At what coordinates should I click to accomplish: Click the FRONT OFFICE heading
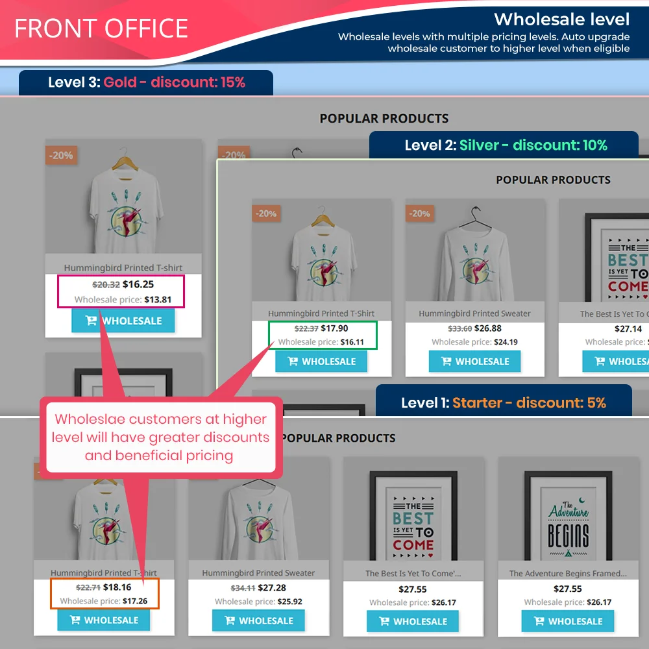point(101,29)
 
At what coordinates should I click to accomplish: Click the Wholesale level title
point(561,19)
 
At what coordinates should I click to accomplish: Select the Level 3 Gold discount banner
point(146,82)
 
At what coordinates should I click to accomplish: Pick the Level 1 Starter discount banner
point(503,402)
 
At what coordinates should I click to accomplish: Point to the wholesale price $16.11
point(352,342)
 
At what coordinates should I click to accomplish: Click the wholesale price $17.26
point(135,601)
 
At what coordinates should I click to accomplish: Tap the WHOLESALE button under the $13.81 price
point(123,321)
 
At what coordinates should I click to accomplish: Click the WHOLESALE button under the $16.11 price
point(321,361)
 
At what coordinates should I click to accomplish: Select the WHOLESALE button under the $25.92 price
point(258,620)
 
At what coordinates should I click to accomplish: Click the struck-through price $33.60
point(459,328)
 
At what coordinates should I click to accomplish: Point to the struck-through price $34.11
point(242,588)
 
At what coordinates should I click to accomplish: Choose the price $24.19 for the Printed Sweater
point(505,342)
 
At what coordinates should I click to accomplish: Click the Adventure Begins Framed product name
point(568,573)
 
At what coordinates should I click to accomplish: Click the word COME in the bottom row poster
point(413,545)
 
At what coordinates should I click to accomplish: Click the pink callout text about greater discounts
point(160,437)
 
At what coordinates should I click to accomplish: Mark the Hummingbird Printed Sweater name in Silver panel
point(474,313)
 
